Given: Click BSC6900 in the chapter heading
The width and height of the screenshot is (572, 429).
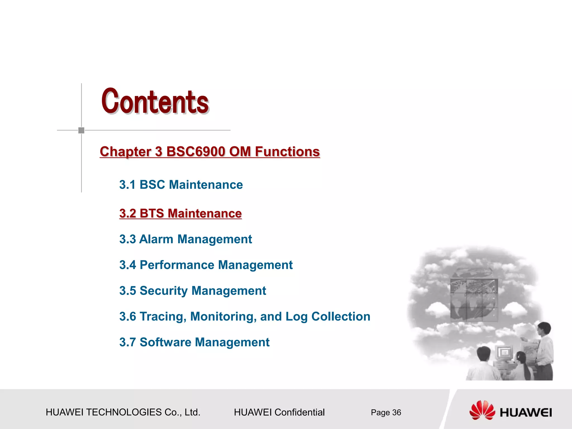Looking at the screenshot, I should (196, 152).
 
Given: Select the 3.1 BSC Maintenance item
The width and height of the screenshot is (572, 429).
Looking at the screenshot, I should (181, 185).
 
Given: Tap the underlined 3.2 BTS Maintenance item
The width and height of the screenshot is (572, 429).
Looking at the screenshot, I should (180, 213).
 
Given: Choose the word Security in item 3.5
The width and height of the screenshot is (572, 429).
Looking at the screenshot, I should (163, 291).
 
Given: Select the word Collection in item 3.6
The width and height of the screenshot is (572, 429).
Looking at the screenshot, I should (341, 317).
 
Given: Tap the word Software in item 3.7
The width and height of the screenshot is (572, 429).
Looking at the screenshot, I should (165, 342).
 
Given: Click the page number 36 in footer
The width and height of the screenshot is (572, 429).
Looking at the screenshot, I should (397, 413).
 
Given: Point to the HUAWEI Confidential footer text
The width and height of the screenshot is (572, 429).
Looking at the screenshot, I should (279, 413).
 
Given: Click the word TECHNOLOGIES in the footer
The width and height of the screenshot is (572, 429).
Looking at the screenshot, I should (124, 413).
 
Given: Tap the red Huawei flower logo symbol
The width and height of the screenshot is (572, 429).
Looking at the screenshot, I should (482, 410).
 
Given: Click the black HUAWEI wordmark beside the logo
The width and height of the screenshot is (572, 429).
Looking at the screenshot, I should (526, 413).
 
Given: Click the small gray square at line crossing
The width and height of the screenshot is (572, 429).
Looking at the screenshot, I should (81, 130).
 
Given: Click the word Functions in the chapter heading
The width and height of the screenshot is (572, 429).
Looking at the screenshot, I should (287, 152).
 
